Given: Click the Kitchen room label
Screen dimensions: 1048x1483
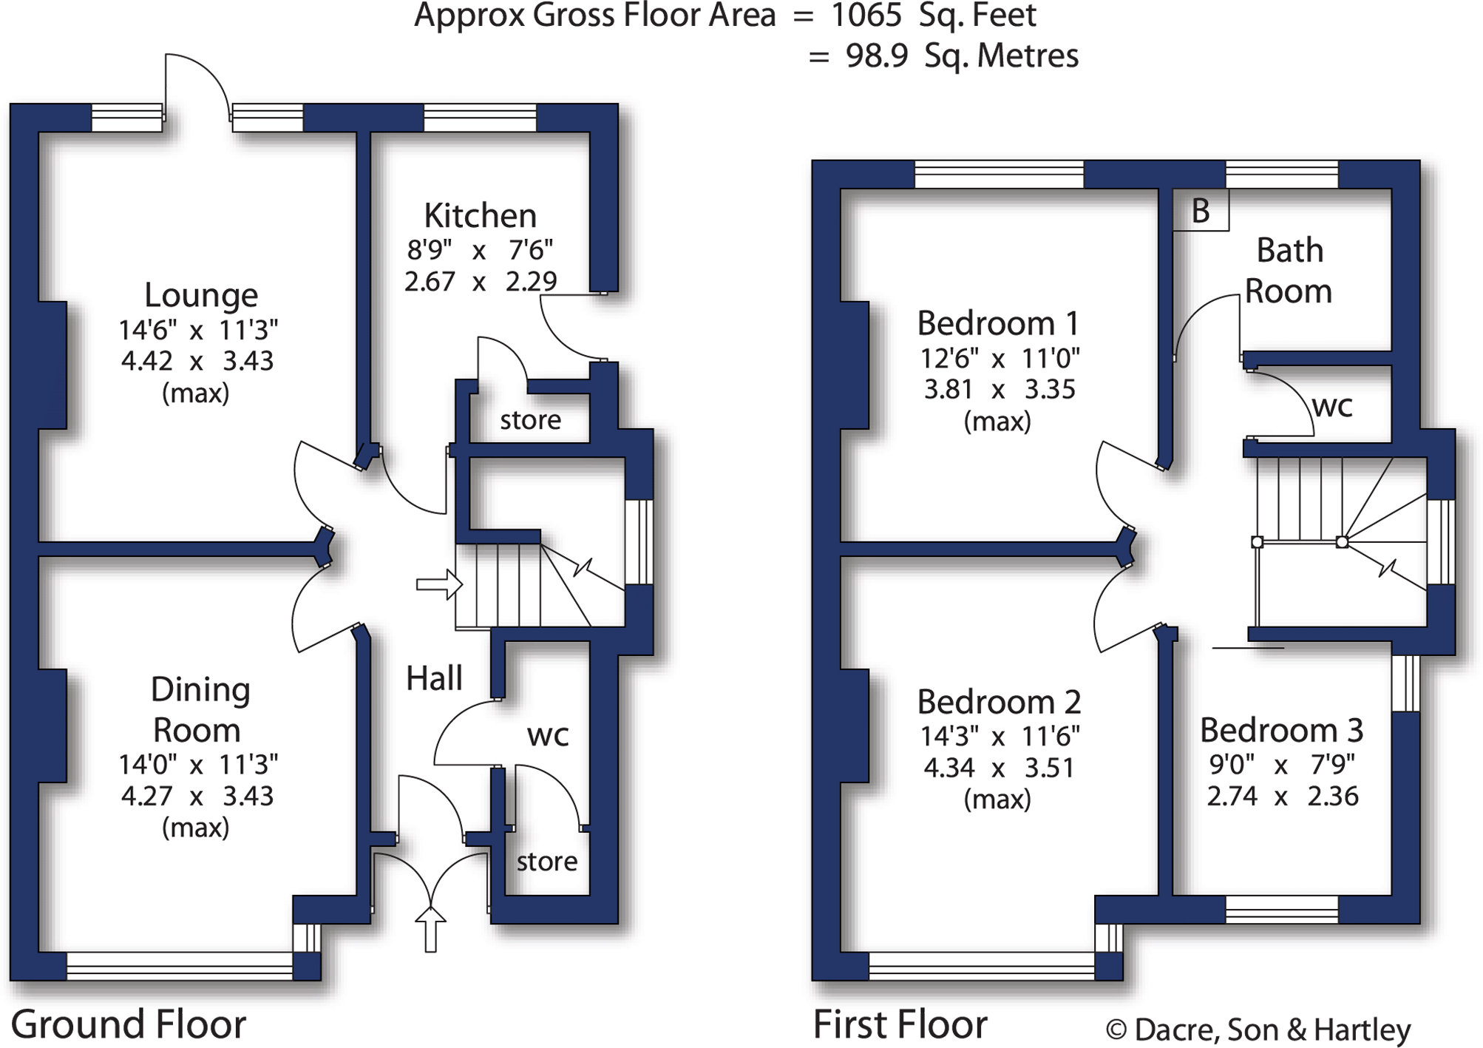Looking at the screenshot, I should tap(480, 216).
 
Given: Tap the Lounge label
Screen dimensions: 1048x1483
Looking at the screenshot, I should tap(200, 295).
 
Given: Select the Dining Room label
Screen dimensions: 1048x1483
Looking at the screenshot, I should tap(200, 709).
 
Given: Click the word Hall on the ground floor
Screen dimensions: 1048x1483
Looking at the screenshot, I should tap(434, 678).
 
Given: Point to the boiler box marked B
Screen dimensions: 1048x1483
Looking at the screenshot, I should tap(1201, 212).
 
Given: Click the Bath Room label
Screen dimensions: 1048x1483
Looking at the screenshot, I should tap(1289, 271).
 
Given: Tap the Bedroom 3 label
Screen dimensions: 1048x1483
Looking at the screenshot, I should tap(1281, 730).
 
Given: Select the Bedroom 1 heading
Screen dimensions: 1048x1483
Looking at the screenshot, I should tap(998, 323).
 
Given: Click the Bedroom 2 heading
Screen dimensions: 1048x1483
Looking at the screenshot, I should tap(999, 702).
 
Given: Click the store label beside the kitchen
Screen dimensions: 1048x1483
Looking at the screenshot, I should tap(530, 420).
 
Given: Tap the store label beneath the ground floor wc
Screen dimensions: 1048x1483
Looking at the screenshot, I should tap(546, 862).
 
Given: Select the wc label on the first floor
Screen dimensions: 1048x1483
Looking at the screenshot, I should tap(1332, 406).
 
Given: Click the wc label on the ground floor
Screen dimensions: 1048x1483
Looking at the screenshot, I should tap(548, 735).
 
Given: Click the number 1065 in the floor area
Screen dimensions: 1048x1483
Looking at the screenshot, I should tap(866, 16).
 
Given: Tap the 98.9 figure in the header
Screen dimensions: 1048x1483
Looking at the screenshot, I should tap(877, 56).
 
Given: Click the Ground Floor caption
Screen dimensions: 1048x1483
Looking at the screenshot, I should tap(128, 1024).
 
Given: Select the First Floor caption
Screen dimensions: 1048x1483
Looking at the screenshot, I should tap(900, 1024).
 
